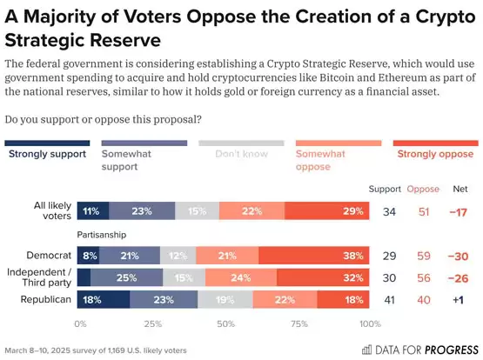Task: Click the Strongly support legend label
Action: [47, 154]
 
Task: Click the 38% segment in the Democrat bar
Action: [329, 255]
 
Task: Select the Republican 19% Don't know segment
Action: [224, 300]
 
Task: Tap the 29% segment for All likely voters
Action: [327, 210]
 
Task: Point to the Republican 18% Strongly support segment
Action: [104, 300]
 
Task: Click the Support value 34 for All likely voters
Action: [391, 210]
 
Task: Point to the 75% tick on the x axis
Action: [298, 323]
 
